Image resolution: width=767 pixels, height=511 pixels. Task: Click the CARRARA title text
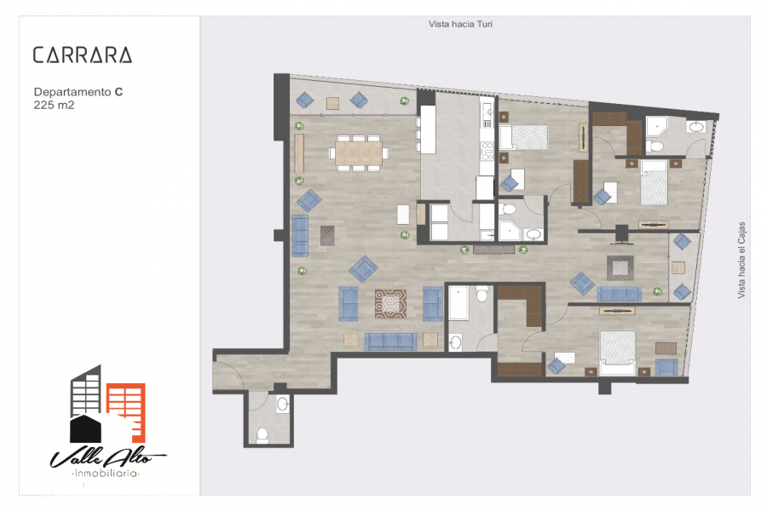[x=82, y=55]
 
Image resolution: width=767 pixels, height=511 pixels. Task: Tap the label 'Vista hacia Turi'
[x=460, y=25]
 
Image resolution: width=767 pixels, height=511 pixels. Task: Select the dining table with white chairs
[x=359, y=153]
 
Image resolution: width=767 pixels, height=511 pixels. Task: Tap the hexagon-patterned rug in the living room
[x=390, y=304]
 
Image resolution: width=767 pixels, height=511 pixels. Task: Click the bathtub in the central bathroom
[x=458, y=304]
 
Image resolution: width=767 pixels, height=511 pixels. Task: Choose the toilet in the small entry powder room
[x=262, y=435]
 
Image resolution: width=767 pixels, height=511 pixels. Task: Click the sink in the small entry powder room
[x=282, y=404]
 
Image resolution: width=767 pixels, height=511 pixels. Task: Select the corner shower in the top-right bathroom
[x=657, y=128]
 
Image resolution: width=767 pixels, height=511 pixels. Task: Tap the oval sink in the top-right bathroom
[x=696, y=128]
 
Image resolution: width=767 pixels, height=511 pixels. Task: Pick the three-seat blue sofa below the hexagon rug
[x=390, y=342]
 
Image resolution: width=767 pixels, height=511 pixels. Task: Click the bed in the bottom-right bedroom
[x=617, y=352]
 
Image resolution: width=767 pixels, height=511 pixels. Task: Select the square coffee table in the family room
[x=620, y=267]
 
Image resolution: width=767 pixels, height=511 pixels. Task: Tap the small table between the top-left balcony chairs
[x=332, y=102]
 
